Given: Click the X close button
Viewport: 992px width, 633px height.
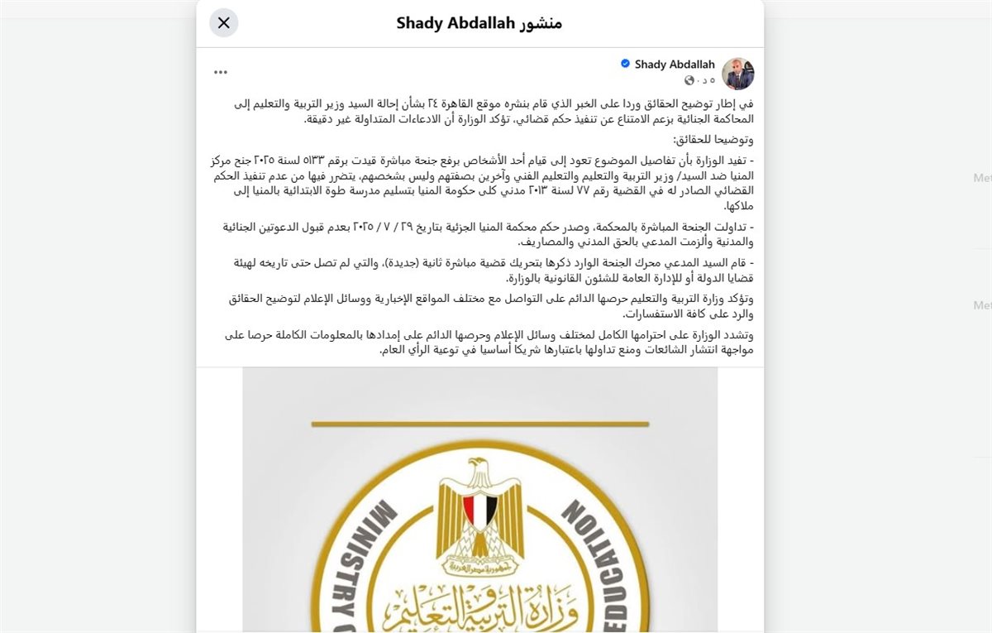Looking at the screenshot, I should tap(224, 22).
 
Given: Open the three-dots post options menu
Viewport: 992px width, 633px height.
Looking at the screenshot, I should tap(220, 72).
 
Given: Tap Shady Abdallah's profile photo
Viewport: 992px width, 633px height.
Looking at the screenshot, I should tap(737, 74).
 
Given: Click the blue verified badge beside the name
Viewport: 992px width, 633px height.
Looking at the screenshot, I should tap(626, 64).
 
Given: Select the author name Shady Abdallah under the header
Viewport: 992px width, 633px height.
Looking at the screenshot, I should tap(675, 65).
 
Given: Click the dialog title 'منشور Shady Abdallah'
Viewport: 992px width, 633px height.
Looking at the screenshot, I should tap(479, 22).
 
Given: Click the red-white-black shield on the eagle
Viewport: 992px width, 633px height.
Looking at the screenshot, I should tap(479, 511).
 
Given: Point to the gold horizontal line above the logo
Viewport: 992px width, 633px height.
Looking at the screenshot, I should tap(479, 424).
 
